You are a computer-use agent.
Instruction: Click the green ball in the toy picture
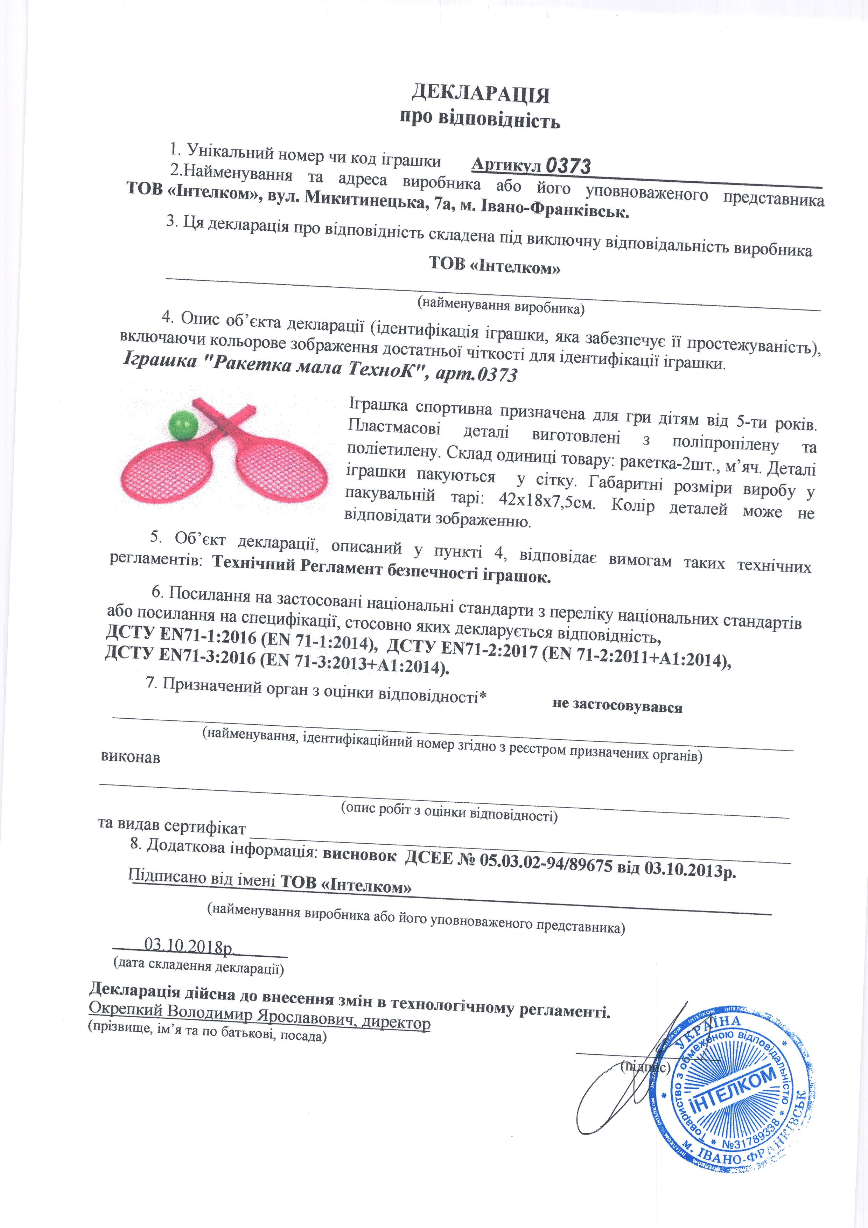(x=183, y=425)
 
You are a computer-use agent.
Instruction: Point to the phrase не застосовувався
(x=617, y=706)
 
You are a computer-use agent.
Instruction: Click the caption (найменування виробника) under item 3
(x=500, y=305)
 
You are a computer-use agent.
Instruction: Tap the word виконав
(x=130, y=757)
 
